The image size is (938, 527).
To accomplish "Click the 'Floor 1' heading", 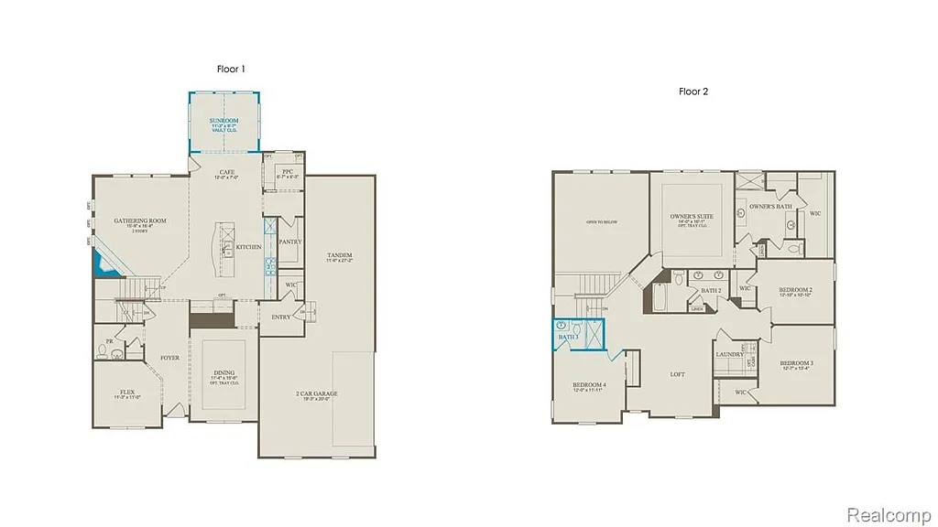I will pyautogui.click(x=230, y=70).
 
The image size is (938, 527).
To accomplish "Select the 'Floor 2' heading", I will pyautogui.click(x=693, y=91).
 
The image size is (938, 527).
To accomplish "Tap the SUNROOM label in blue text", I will pyautogui.click(x=224, y=121).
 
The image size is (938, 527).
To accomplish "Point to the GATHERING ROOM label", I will pyautogui.click(x=140, y=220).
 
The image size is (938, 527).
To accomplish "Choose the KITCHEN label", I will pyautogui.click(x=248, y=247).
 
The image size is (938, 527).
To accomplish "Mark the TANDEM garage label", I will pyautogui.click(x=339, y=255).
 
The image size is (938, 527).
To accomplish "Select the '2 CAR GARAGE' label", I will pyautogui.click(x=316, y=393).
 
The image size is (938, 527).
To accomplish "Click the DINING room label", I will pyautogui.click(x=224, y=372).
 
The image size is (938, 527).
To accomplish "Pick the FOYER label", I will pyautogui.click(x=170, y=358).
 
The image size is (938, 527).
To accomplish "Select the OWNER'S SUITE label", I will pyautogui.click(x=692, y=216).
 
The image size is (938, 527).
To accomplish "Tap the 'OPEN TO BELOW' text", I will pyautogui.click(x=601, y=222).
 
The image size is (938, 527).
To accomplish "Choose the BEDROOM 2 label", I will pyautogui.click(x=796, y=289).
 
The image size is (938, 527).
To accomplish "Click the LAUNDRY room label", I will pyautogui.click(x=729, y=354).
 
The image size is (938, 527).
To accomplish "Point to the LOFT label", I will pyautogui.click(x=677, y=374).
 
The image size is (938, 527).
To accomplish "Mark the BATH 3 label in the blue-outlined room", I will pyautogui.click(x=569, y=338).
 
